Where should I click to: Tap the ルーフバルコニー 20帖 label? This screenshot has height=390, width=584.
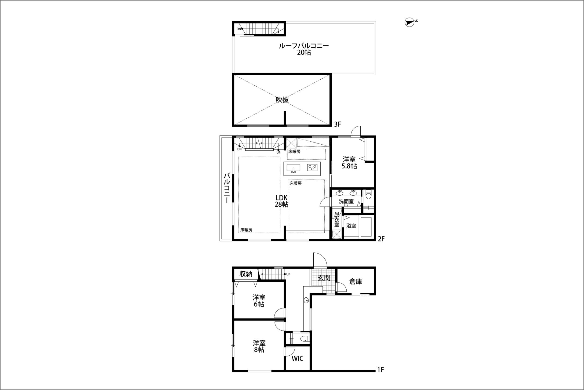tap(304, 49)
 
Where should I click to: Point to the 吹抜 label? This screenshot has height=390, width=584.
tap(282, 100)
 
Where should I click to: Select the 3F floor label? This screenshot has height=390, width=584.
tap(337, 124)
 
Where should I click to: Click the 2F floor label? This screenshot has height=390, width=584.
tap(381, 239)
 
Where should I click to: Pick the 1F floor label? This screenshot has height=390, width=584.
tap(381, 370)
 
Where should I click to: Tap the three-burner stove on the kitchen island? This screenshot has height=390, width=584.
tap(312, 168)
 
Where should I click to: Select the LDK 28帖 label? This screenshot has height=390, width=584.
tap(281, 201)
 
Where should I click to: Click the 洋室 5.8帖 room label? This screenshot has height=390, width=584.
tap(349, 162)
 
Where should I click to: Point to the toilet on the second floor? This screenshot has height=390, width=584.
tap(368, 194)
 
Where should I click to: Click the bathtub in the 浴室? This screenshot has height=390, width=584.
tap(366, 227)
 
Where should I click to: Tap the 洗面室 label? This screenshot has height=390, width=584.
tap(346, 201)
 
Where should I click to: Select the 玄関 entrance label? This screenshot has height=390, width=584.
tap(324, 278)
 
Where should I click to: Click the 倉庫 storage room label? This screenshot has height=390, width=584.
tap(356, 281)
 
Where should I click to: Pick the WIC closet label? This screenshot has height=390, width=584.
tap(297, 358)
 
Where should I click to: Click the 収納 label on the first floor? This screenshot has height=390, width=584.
tap(246, 274)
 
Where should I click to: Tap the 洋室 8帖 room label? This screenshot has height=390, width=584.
tap(259, 346)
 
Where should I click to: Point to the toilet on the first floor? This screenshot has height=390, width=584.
tap(305, 339)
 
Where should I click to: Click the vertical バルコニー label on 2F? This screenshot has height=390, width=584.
tap(227, 188)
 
